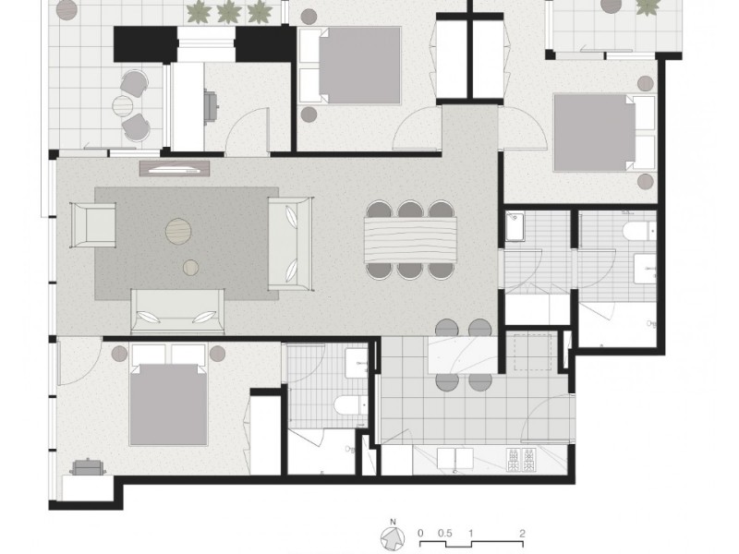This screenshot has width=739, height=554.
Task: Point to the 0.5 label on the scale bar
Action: pyautogui.click(x=446, y=533)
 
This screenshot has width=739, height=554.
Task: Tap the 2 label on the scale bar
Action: pyautogui.click(x=523, y=533)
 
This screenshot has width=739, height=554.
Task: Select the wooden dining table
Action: pyautogui.click(x=411, y=239)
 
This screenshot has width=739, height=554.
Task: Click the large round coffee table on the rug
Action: pyautogui.click(x=179, y=231)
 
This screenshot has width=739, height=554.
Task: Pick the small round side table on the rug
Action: pyautogui.click(x=190, y=268)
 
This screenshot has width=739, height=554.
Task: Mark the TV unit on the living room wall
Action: pyautogui.click(x=176, y=168)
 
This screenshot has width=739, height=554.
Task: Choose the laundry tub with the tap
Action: pyautogui.click(x=515, y=226)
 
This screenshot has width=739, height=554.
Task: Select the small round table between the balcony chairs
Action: pyautogui.click(x=123, y=105)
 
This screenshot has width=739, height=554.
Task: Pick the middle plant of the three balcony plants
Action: pyautogui.click(x=228, y=13)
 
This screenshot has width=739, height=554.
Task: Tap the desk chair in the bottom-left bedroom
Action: pyautogui.click(x=89, y=467)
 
